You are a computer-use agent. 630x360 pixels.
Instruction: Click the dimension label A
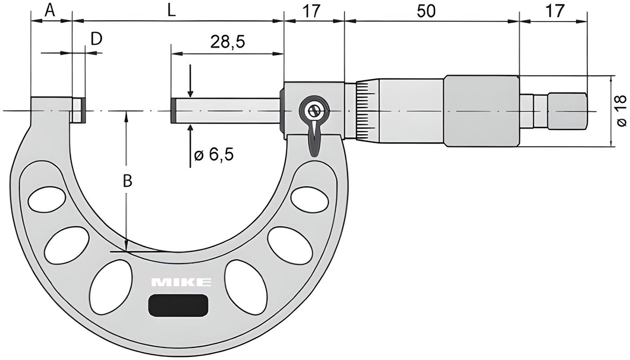click(50, 10)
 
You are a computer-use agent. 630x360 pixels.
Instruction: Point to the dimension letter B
click(127, 181)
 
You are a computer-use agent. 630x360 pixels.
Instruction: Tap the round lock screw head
click(313, 111)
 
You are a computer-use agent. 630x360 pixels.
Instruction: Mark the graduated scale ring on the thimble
click(364, 111)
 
